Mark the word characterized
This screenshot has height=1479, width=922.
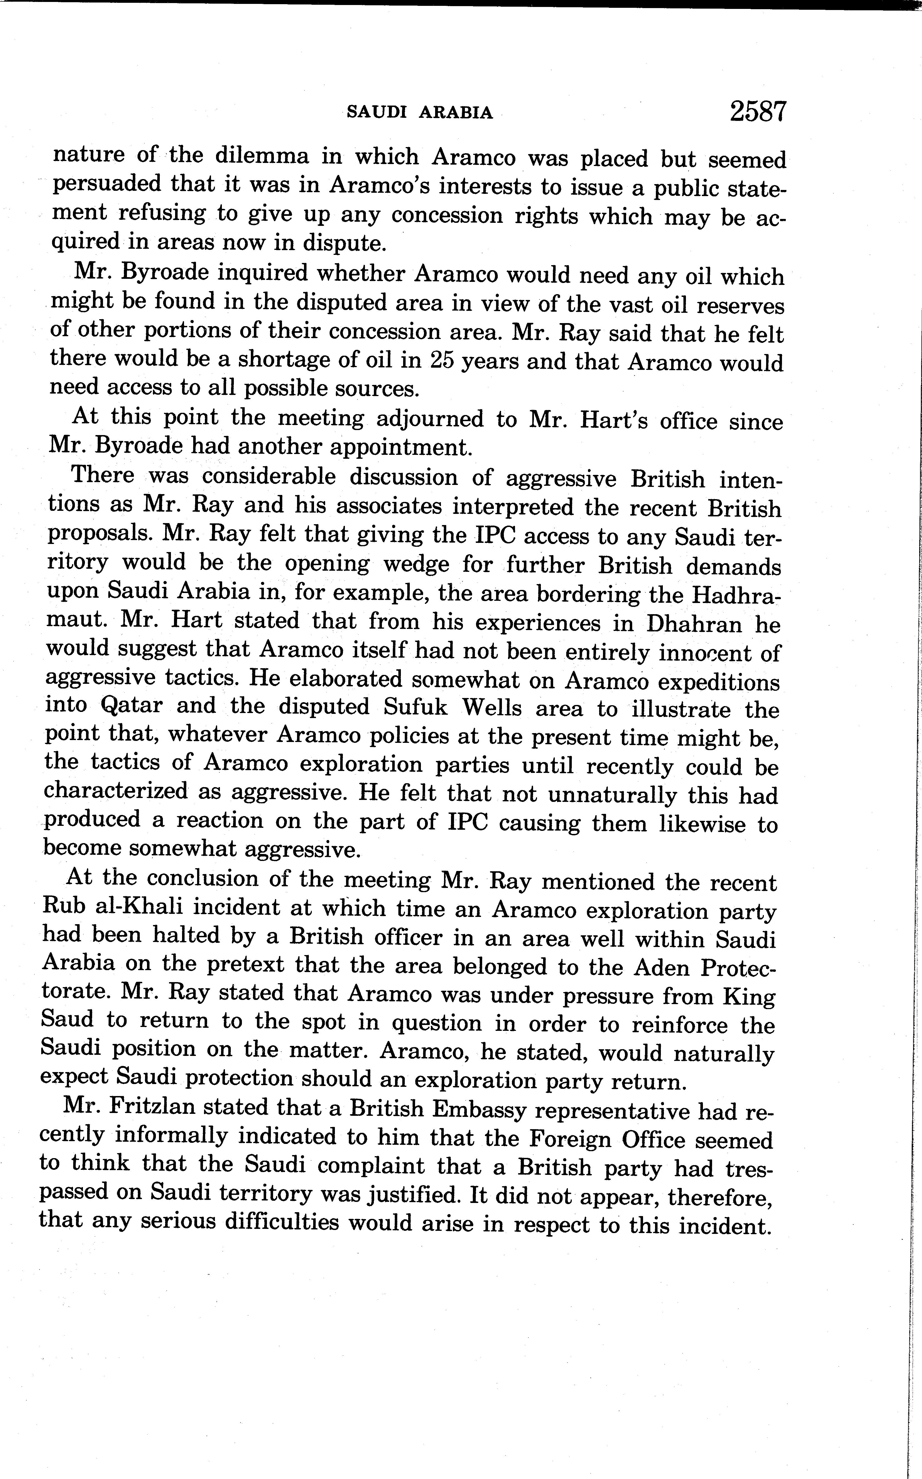tap(116, 791)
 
